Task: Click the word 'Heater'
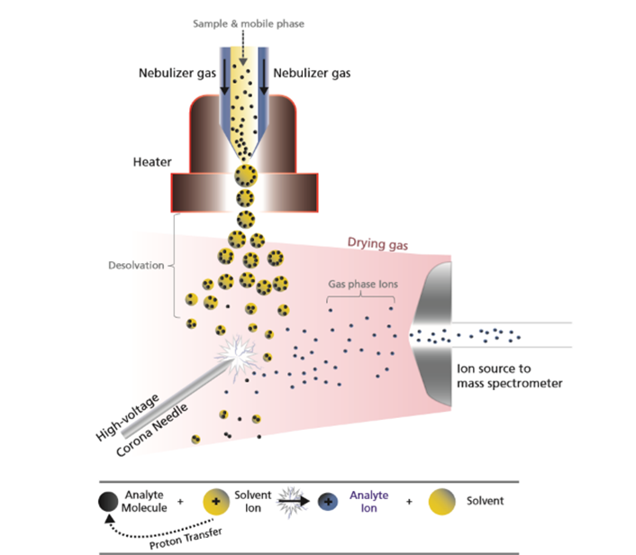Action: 152,164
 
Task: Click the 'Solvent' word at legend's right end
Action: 486,501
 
